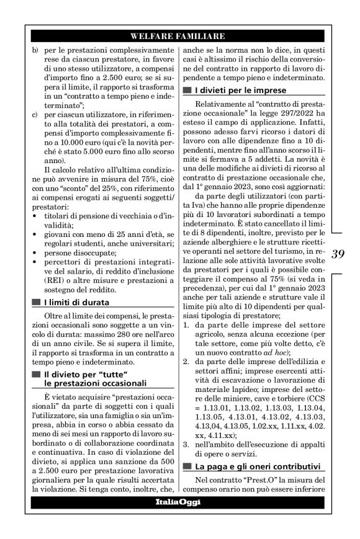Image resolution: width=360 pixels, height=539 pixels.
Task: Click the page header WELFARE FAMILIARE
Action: pos(179,35)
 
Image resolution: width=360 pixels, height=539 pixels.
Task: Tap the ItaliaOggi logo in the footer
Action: pos(179,501)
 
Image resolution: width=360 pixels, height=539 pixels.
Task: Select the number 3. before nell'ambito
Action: pos(188,444)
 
